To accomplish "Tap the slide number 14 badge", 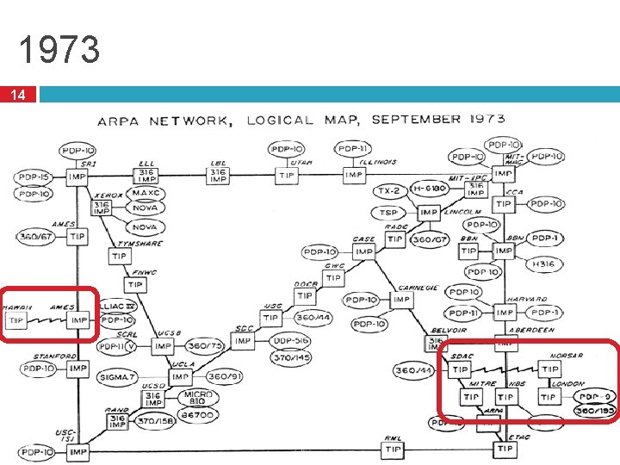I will (x=18, y=94).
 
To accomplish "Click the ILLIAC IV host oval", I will (x=117, y=307).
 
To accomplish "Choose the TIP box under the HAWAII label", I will (x=17, y=320).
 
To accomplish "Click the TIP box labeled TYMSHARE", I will (x=120, y=257).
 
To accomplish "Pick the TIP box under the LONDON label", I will (x=548, y=397).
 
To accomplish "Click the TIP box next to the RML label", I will (x=394, y=449).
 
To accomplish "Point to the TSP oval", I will (x=388, y=213).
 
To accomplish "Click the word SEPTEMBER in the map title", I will (x=412, y=120).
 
